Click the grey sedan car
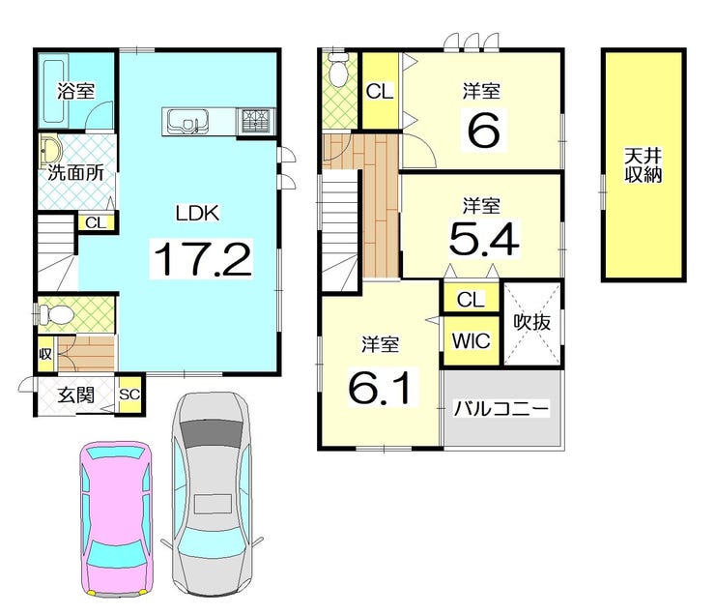[212, 494]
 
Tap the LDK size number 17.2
[203, 258]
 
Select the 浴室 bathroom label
[75, 91]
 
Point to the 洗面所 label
[75, 173]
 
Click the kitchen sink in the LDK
[187, 121]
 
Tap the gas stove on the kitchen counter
[256, 121]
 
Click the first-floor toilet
[55, 314]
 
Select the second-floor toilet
[338, 70]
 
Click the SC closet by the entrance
[129, 395]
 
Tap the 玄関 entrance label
[75, 395]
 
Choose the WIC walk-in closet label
[472, 340]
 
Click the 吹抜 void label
[532, 322]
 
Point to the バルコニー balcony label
[501, 408]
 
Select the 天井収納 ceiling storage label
[643, 165]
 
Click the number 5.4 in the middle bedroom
[484, 239]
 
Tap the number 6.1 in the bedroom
[383, 388]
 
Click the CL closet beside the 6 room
[380, 91]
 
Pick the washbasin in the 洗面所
[50, 148]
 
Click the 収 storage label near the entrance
[45, 354]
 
